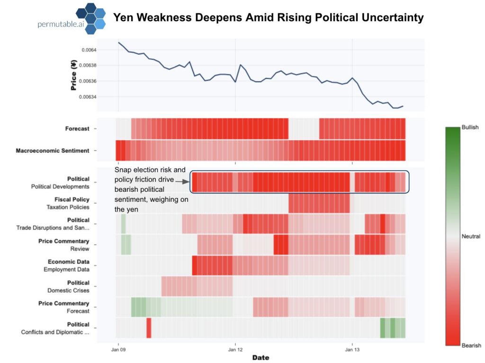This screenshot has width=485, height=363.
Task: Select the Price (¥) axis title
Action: pyautogui.click(x=73, y=74)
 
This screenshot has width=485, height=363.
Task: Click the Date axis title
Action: pyautogui.click(x=260, y=357)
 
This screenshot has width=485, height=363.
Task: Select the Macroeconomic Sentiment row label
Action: pyautogui.click(x=53, y=151)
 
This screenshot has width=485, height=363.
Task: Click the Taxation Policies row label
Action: pyautogui.click(x=68, y=207)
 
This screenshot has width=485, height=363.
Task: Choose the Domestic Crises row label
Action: pyautogui.click(x=68, y=290)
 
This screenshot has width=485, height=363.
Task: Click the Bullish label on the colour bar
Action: pyautogui.click(x=470, y=128)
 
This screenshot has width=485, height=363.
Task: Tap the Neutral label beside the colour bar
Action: pyautogui.click(x=471, y=236)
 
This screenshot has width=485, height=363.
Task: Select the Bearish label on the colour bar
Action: pyautogui.click(x=471, y=346)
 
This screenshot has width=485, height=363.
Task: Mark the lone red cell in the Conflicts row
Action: pyautogui.click(x=149, y=328)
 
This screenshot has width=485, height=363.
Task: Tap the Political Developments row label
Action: pyautogui.click(x=60, y=187)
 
